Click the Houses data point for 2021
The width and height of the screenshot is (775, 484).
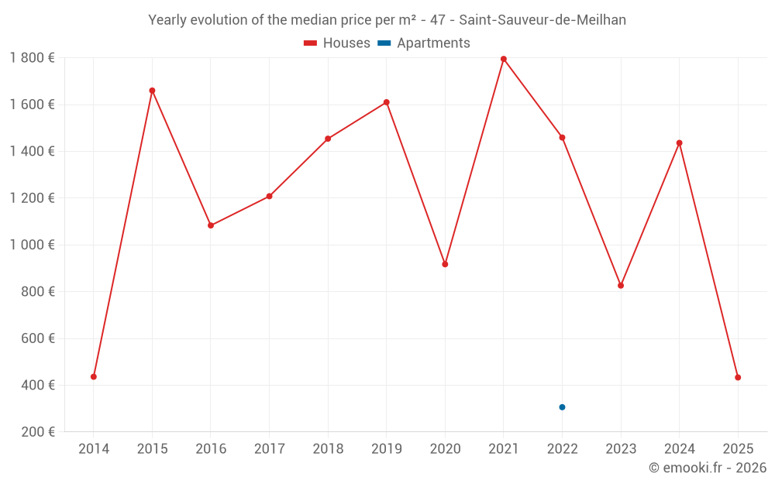pyautogui.click(x=504, y=59)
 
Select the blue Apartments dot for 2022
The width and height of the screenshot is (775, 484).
pyautogui.click(x=562, y=407)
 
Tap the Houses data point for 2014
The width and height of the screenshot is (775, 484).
pyautogui.click(x=94, y=377)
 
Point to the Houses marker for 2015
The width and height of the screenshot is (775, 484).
pyautogui.click(x=152, y=91)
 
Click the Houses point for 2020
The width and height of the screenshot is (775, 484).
pyautogui.click(x=445, y=265)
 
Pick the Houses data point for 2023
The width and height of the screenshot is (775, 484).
pyautogui.click(x=621, y=286)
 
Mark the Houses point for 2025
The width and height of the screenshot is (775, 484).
pyautogui.click(x=738, y=378)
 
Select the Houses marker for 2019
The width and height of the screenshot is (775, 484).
pyautogui.click(x=387, y=102)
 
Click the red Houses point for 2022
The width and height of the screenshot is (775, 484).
pyautogui.click(x=562, y=138)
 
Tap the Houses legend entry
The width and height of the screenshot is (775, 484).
pyautogui.click(x=337, y=43)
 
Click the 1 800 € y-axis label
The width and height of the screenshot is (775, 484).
pyautogui.click(x=32, y=58)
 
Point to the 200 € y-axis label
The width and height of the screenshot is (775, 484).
pyautogui.click(x=36, y=432)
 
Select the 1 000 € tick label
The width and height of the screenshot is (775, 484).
pyautogui.click(x=32, y=245)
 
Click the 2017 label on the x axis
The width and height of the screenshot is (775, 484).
pyautogui.click(x=269, y=449)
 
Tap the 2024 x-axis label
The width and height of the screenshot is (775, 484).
pyautogui.click(x=680, y=449)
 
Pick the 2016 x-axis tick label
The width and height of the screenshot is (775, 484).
pyautogui.click(x=211, y=449)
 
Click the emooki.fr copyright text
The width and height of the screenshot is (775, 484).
pyautogui.click(x=708, y=468)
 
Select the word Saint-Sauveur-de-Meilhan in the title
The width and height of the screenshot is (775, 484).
pyautogui.click(x=542, y=20)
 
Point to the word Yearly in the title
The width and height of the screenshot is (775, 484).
pyautogui.click(x=168, y=20)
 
